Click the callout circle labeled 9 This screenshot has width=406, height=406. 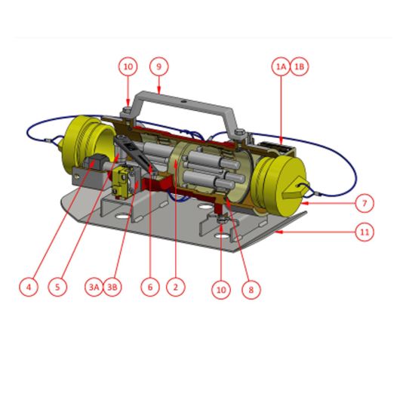(158, 66)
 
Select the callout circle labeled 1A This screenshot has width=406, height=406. (281, 66)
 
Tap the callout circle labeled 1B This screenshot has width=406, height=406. (299, 66)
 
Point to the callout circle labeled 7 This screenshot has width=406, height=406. (364, 203)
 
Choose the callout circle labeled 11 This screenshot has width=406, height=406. (364, 232)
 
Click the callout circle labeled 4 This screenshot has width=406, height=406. (28, 287)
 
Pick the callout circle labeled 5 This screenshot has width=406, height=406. (57, 287)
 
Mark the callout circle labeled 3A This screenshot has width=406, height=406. (94, 287)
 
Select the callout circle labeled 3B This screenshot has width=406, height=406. (112, 287)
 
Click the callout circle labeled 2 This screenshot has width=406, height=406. (175, 287)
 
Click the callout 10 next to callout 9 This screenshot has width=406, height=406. (128, 66)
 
